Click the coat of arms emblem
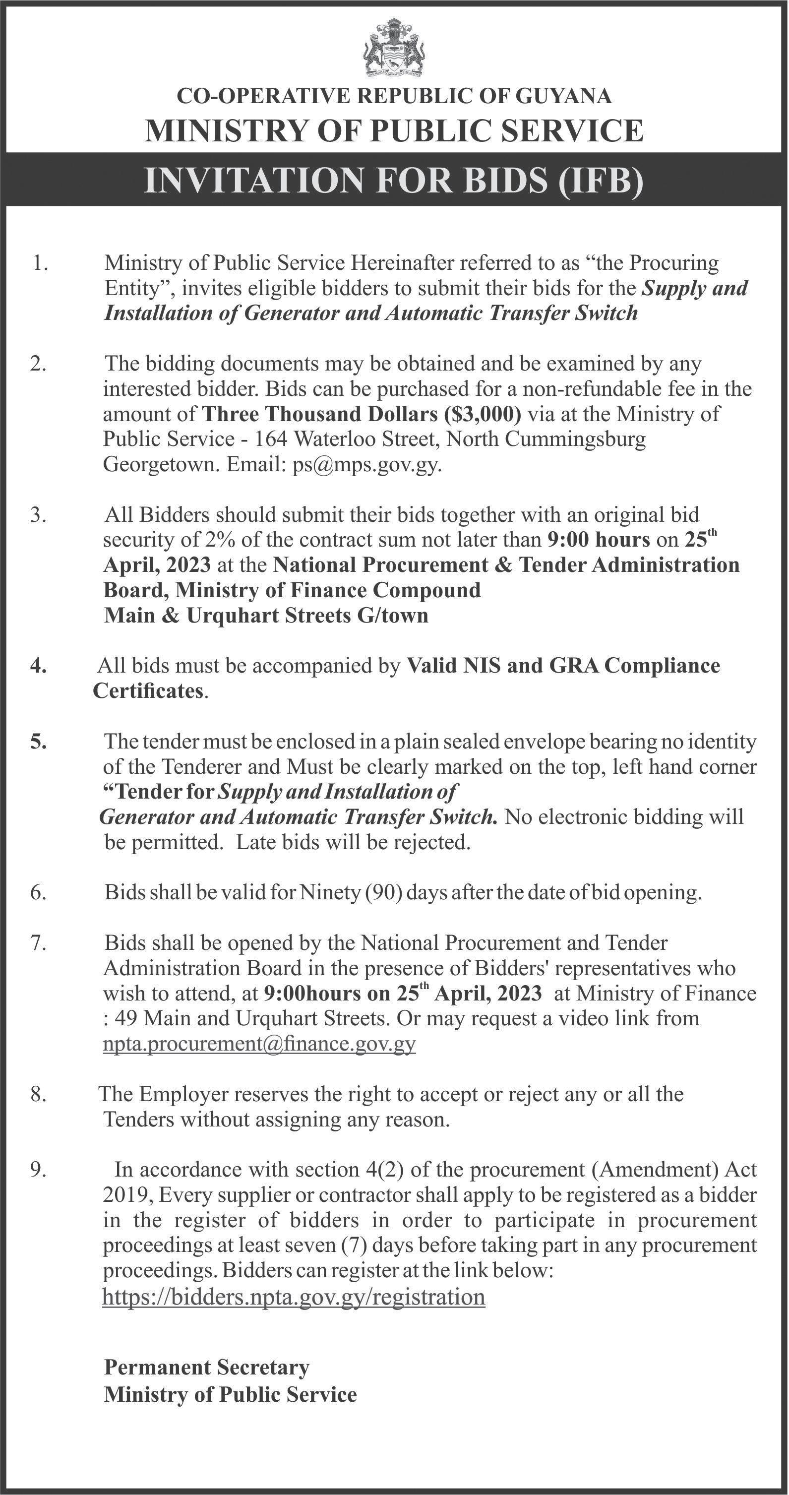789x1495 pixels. tap(394, 48)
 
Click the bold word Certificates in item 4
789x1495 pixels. tap(148, 691)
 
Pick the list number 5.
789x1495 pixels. tap(39, 742)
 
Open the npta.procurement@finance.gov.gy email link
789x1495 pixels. tap(259, 1044)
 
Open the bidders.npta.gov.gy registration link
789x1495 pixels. tap(294, 1297)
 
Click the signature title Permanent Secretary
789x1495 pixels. tap(206, 1368)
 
